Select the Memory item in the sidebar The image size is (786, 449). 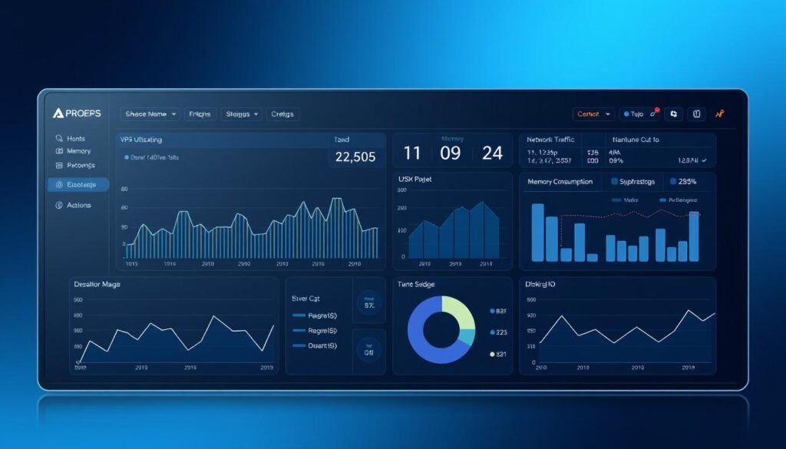tap(78, 151)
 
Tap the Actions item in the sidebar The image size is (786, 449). tap(78, 205)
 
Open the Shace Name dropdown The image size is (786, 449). tap(150, 114)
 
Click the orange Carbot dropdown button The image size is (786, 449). tap(593, 114)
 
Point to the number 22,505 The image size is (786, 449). tap(356, 157)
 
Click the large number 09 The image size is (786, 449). tap(451, 153)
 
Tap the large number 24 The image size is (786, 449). tap(492, 153)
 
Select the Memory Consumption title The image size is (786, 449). tap(560, 182)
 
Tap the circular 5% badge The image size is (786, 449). tap(369, 304)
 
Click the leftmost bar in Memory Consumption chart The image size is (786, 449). tap(537, 232)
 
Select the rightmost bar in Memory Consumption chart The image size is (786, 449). tap(694, 236)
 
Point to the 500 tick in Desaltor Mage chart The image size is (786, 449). tap(78, 300)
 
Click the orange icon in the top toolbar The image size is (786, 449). tap(719, 114)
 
